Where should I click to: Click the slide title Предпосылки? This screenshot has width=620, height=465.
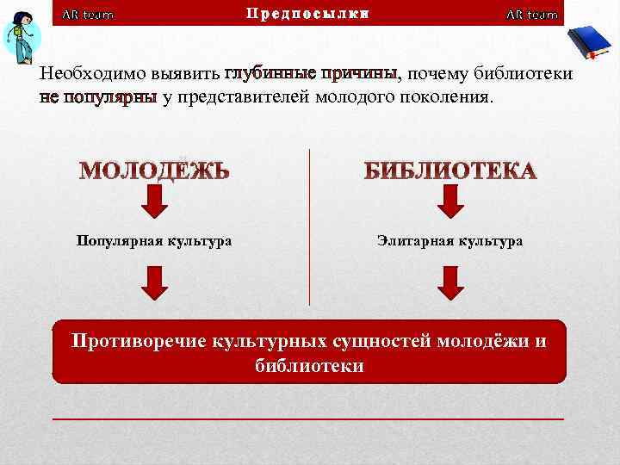(307, 13)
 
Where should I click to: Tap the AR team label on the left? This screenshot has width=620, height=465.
(88, 15)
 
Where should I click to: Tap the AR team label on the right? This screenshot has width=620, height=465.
(531, 15)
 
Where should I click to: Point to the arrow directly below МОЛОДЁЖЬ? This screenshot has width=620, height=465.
(155, 201)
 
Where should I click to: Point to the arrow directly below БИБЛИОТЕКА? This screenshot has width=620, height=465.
(449, 201)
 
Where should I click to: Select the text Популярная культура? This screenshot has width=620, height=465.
(154, 241)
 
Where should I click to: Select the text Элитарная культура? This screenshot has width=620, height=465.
(449, 241)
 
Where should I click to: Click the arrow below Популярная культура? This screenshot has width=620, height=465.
(155, 282)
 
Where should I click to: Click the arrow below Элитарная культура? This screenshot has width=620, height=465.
(449, 282)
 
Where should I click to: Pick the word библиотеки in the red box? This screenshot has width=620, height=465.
(309, 366)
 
